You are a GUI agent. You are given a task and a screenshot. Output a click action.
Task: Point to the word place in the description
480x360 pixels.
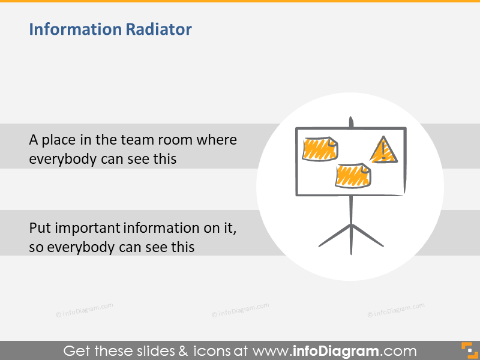[59, 140]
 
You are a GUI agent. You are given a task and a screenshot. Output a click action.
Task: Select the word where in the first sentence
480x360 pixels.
[217, 140]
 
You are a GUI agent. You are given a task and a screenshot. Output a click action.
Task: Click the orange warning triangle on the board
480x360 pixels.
[382, 151]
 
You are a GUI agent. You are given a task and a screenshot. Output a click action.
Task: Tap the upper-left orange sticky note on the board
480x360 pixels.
[320, 149]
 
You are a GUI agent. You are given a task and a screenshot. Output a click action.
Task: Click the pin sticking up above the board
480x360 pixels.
[352, 122]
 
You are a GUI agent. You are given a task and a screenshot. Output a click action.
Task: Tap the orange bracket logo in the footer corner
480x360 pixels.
[467, 350]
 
